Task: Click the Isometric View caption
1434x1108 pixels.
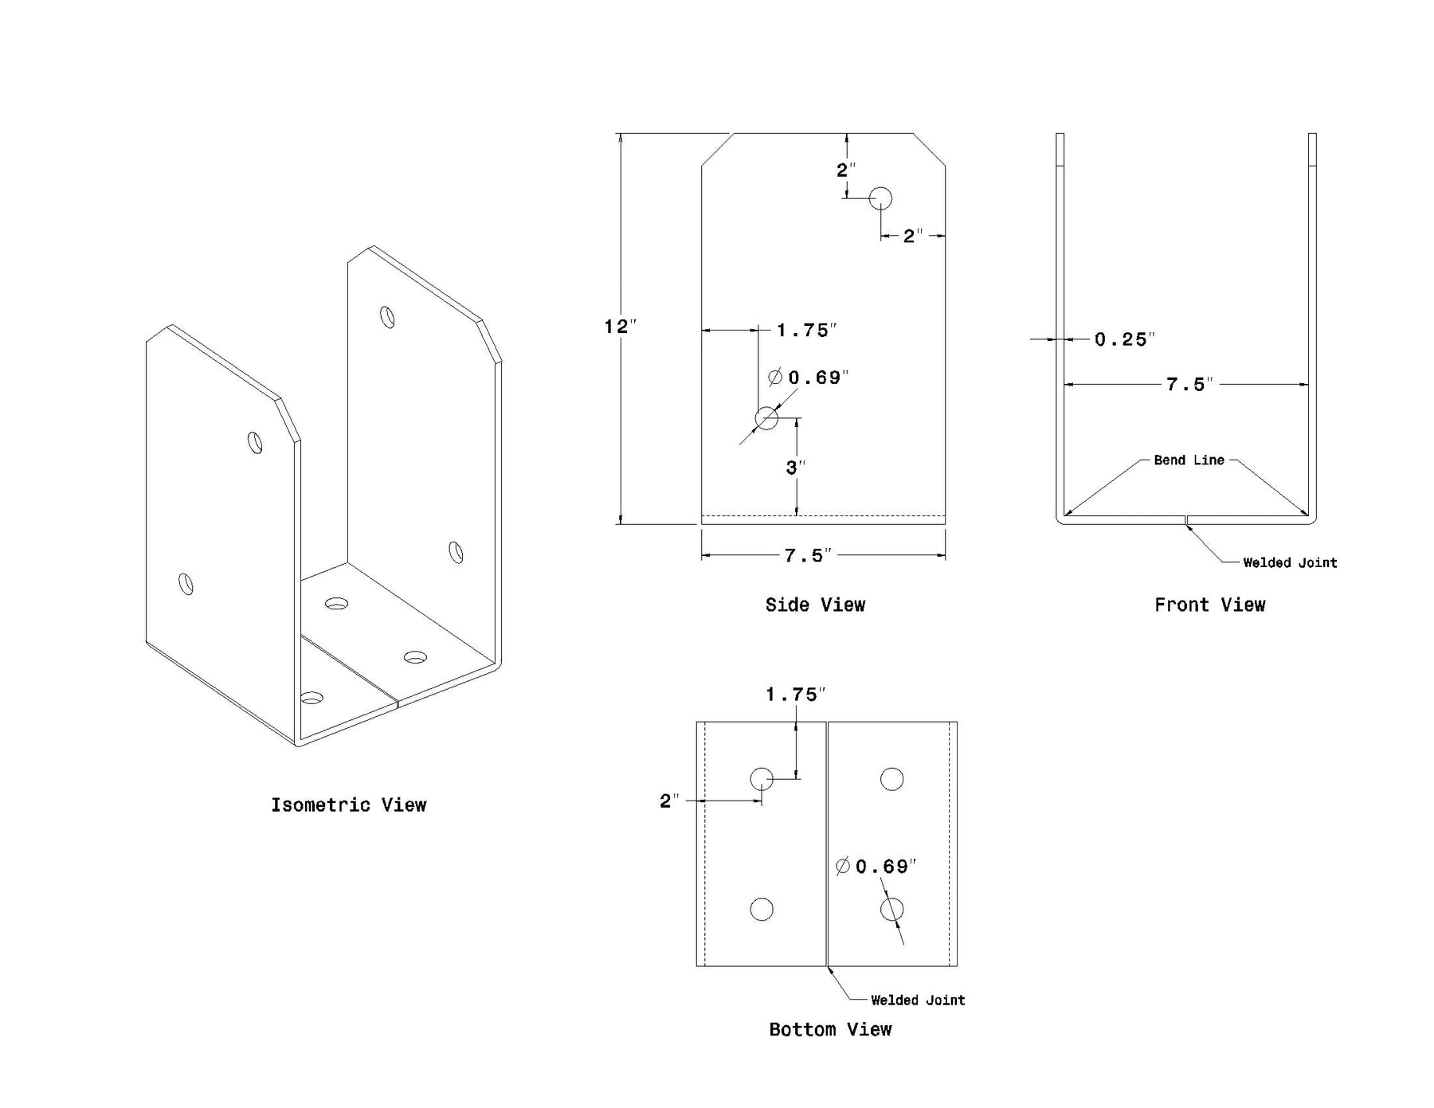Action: point(348,805)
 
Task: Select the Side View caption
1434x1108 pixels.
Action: point(815,605)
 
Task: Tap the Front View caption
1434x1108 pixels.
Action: point(1209,605)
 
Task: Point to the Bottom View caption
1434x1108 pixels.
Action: point(830,1030)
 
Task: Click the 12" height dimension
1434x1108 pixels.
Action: point(621,327)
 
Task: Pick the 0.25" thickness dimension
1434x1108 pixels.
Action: point(1124,340)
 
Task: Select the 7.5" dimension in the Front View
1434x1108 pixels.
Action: point(1189,385)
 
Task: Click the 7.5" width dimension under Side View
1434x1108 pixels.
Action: point(807,555)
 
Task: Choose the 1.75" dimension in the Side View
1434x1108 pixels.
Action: point(806,331)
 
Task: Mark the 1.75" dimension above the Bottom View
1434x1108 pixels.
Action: point(794,695)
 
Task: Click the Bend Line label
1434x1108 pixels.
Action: point(1189,460)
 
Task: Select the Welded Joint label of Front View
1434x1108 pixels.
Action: point(1290,563)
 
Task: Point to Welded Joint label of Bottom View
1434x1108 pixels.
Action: point(918,1000)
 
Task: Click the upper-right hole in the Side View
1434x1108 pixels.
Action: point(880,198)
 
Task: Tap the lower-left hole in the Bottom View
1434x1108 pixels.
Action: point(762,909)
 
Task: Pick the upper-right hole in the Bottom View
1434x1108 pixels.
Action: point(891,779)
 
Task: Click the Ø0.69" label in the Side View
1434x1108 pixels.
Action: point(808,378)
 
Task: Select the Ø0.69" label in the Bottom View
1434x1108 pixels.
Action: point(876,867)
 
